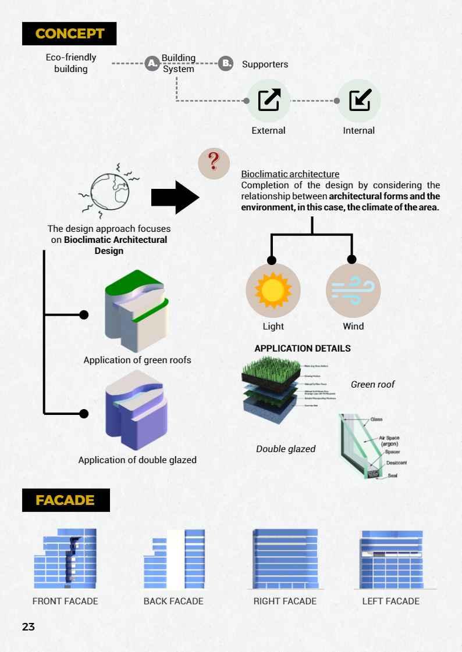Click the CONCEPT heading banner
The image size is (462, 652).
click(69, 34)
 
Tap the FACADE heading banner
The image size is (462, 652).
click(65, 500)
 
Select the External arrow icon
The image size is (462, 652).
click(268, 101)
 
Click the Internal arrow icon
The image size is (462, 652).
click(359, 101)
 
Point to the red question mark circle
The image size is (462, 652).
click(214, 163)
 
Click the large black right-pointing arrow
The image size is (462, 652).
click(175, 197)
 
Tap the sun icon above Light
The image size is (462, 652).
click(273, 289)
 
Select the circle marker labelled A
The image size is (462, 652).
click(152, 64)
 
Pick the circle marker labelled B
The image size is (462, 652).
click(225, 64)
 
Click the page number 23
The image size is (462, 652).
click(29, 626)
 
